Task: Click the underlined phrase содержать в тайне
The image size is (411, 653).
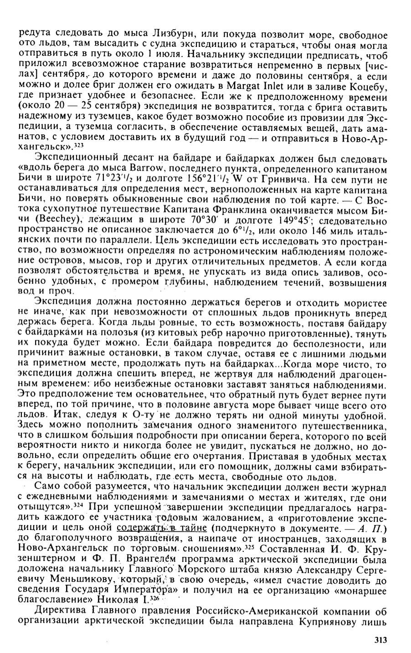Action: [155, 528]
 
